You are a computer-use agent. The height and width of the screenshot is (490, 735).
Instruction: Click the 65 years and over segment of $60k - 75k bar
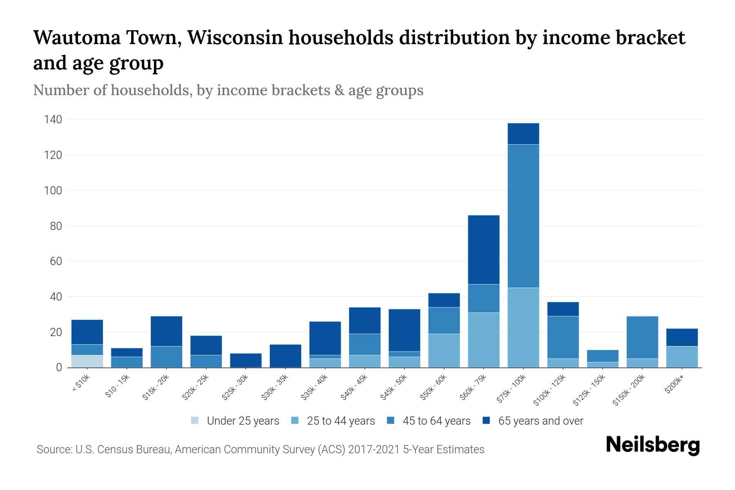tap(483, 249)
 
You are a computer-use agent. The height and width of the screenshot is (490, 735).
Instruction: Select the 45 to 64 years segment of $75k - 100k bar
tap(523, 216)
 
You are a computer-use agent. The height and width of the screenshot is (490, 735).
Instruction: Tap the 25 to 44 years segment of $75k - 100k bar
tap(523, 327)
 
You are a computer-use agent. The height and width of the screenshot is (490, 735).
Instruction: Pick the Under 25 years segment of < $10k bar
tap(87, 361)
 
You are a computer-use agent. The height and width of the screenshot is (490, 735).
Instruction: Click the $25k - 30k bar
tap(245, 360)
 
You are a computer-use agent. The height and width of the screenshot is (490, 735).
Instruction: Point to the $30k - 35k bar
tap(285, 356)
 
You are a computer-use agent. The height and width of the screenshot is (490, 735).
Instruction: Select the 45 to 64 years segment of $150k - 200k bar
tap(642, 337)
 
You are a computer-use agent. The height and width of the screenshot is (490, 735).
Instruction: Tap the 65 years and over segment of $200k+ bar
tap(682, 337)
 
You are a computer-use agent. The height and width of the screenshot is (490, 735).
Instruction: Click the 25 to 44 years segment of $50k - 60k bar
tap(444, 350)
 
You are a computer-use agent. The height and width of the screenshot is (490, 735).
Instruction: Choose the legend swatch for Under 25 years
tap(195, 421)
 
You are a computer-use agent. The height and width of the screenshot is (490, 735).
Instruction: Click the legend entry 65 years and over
tap(540, 421)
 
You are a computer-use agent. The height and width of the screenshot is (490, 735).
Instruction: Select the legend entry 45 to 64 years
tap(436, 421)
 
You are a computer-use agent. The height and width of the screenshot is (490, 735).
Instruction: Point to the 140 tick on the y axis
tap(53, 120)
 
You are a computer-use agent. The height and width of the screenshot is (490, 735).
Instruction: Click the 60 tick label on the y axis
tap(56, 261)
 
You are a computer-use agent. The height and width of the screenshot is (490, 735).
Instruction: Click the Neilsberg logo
tap(653, 445)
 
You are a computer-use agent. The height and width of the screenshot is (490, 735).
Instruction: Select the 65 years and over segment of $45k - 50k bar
tap(404, 330)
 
